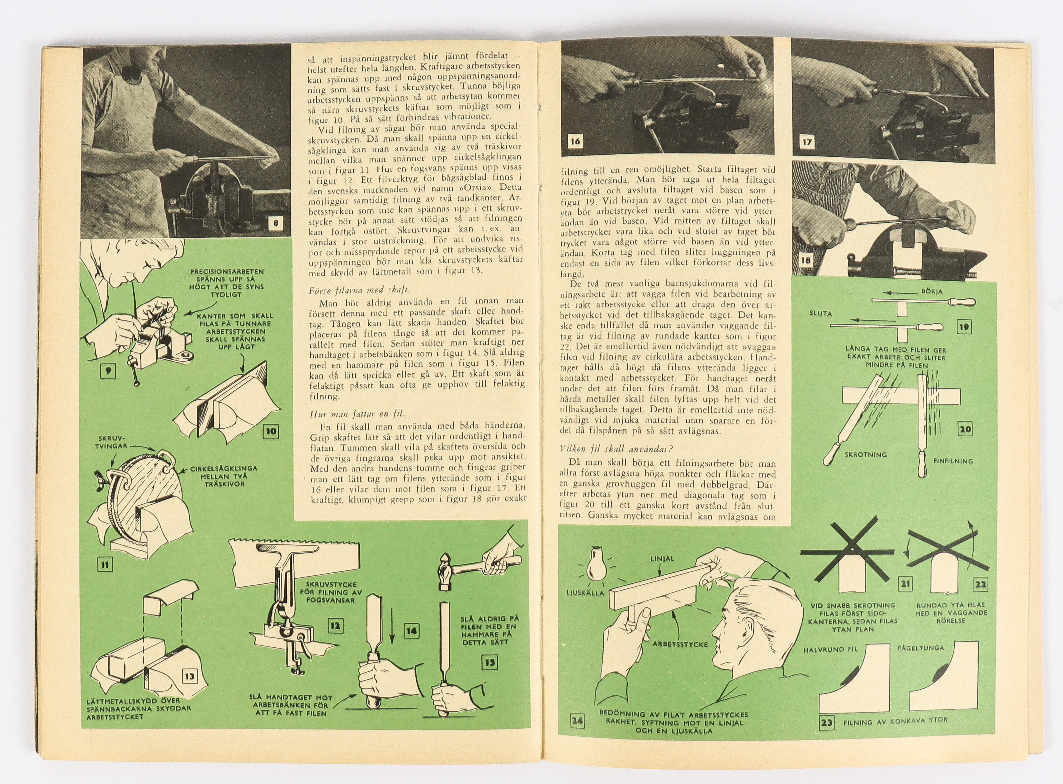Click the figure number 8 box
(x=276, y=223)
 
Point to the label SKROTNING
(x=865, y=455)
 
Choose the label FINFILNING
(x=953, y=461)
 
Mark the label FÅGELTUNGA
(x=921, y=648)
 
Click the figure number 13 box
(x=189, y=676)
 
